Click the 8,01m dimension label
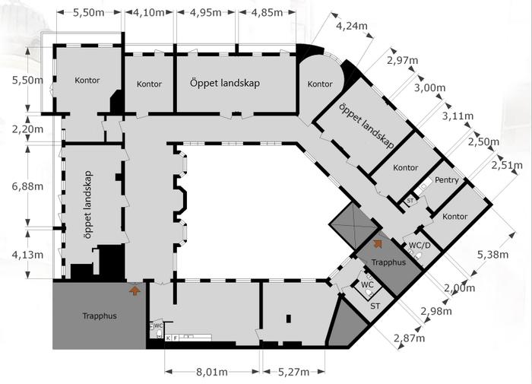click(x=212, y=372)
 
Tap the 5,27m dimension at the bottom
click(x=294, y=372)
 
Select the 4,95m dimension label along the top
click(x=206, y=13)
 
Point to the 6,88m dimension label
click(x=27, y=186)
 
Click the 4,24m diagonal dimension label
click(x=352, y=25)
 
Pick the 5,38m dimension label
click(x=492, y=254)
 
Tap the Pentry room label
click(x=447, y=180)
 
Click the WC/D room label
click(x=420, y=245)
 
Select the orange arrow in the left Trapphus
click(x=135, y=290)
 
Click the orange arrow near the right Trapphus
click(x=376, y=243)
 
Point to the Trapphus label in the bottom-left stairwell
click(x=100, y=316)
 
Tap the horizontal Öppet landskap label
click(x=225, y=83)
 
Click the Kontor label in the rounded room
click(x=320, y=84)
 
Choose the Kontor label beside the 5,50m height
click(x=87, y=81)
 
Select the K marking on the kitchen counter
click(x=168, y=338)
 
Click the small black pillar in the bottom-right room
click(x=289, y=319)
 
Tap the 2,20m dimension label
click(x=27, y=129)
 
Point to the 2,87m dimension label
click(x=409, y=338)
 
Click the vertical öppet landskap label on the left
click(x=87, y=205)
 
